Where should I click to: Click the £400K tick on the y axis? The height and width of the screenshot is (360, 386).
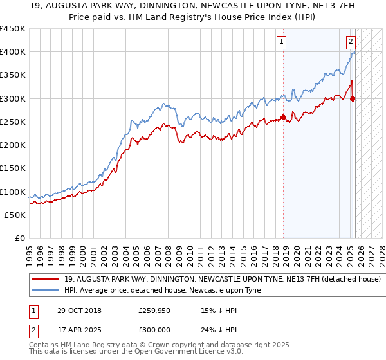pyautogui.click(x=13, y=52)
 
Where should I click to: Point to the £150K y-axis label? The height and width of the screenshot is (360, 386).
pyautogui.click(x=13, y=168)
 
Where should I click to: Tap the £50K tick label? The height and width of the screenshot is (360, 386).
pyautogui.click(x=15, y=215)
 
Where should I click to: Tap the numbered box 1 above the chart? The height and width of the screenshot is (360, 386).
pyautogui.click(x=282, y=42)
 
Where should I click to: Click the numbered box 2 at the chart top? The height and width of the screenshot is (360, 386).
pyautogui.click(x=351, y=42)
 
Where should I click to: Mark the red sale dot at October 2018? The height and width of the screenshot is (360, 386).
pyautogui.click(x=284, y=118)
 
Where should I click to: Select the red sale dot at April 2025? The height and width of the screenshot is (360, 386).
pyautogui.click(x=353, y=99)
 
